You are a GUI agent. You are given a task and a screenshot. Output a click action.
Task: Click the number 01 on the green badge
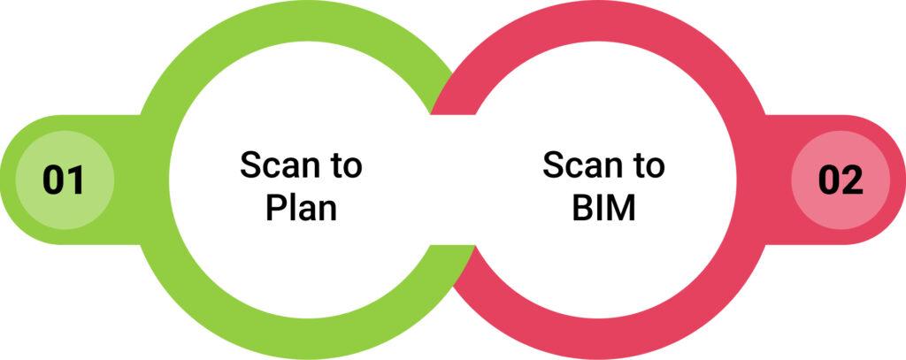(x=64, y=180)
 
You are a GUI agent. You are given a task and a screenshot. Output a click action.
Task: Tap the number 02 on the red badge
(x=841, y=180)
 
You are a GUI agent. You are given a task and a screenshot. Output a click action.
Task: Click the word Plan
(x=301, y=208)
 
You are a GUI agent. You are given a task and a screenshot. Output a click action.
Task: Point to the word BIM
(x=603, y=208)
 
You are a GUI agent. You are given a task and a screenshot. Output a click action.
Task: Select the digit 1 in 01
(x=76, y=180)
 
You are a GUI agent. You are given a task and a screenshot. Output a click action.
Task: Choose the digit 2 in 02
(x=852, y=180)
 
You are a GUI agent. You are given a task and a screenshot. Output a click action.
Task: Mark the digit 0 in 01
(x=53, y=180)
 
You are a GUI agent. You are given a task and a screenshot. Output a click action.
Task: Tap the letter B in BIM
(x=582, y=208)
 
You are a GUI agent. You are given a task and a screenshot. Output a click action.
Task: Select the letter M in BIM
(x=620, y=208)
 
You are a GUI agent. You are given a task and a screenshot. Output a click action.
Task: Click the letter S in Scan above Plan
(x=250, y=165)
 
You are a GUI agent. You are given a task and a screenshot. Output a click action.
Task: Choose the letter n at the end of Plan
(x=329, y=211)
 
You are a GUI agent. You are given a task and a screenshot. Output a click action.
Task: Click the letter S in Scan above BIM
(x=553, y=165)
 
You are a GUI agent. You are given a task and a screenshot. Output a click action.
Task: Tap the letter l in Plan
(x=290, y=208)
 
